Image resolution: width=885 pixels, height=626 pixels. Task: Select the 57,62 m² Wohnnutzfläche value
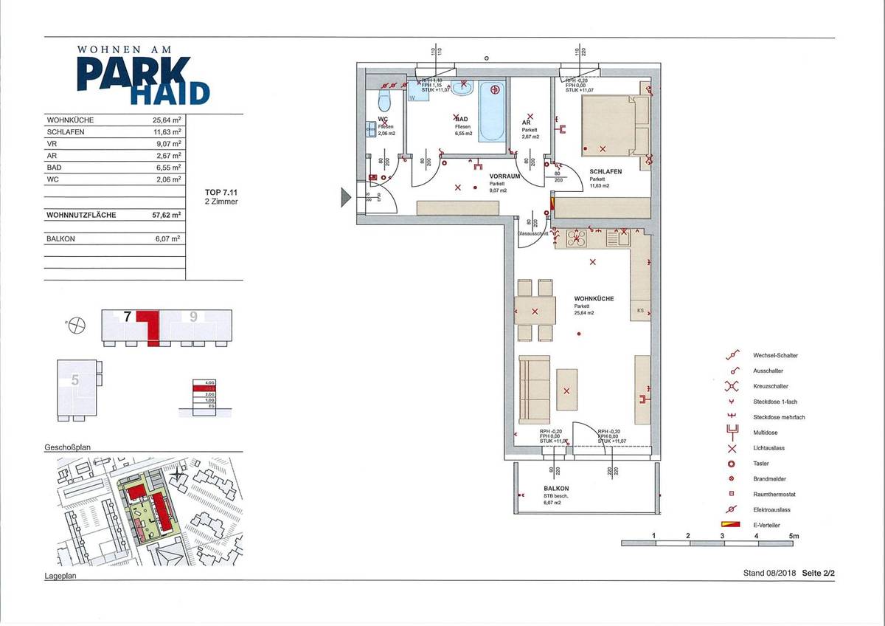[x=166, y=216]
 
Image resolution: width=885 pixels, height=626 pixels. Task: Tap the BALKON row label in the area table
[x=60, y=239]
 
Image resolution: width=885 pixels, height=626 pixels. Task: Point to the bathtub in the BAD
[x=493, y=111]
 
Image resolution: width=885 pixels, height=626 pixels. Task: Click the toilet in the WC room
[x=384, y=101]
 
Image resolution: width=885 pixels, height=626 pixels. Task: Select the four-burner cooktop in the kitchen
[x=575, y=238]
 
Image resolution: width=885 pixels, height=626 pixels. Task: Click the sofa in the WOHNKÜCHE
[x=534, y=389]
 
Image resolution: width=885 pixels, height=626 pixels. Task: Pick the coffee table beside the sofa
[x=566, y=390]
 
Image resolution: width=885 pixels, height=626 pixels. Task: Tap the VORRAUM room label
[x=505, y=177]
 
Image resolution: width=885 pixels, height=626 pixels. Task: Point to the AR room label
[x=527, y=123]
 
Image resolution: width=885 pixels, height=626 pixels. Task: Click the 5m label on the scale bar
[x=794, y=535]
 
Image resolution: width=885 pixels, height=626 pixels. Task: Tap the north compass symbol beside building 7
[x=77, y=323]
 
